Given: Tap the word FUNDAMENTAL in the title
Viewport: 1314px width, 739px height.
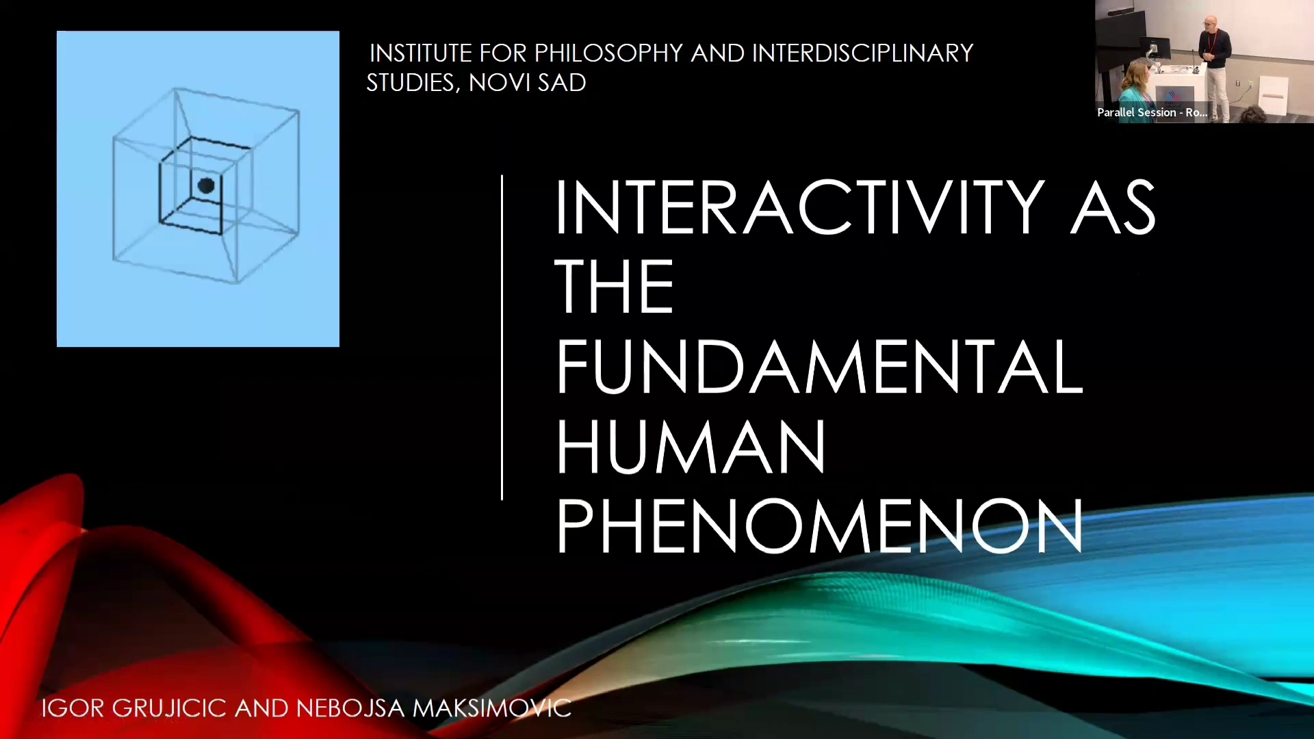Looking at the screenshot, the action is point(820,367).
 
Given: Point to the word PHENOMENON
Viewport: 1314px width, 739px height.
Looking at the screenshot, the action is point(820,526).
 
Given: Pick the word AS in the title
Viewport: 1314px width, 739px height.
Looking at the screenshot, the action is point(1113,207).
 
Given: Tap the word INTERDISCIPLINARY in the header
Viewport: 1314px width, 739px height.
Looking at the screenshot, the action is point(862,53).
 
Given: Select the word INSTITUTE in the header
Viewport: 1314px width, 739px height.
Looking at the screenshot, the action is point(421,53).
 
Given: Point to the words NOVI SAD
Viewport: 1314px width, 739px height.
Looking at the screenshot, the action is point(528,82).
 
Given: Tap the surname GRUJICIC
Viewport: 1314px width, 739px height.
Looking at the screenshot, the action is point(169,708).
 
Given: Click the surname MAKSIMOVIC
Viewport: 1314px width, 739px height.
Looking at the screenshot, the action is point(492,708).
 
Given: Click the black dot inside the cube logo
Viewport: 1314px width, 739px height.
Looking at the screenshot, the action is point(206,185).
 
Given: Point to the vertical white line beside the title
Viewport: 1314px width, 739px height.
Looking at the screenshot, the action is point(502,338).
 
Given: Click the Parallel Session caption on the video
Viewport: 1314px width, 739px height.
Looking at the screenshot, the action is point(1152,112).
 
